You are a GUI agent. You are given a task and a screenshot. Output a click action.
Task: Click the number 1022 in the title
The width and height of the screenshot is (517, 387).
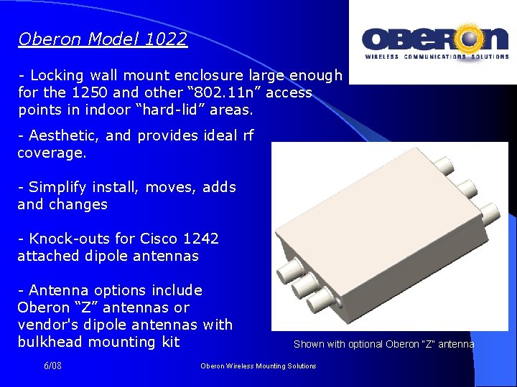[166, 39]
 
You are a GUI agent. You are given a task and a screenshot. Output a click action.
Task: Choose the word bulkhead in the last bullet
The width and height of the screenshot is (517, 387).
[50, 342]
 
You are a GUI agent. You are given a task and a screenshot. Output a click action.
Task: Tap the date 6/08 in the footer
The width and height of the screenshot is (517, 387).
[52, 365]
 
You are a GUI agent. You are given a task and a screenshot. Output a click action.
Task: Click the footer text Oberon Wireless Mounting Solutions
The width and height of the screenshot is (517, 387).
[258, 366]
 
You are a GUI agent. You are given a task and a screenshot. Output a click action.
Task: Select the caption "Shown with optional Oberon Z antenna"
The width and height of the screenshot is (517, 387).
[383, 344]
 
